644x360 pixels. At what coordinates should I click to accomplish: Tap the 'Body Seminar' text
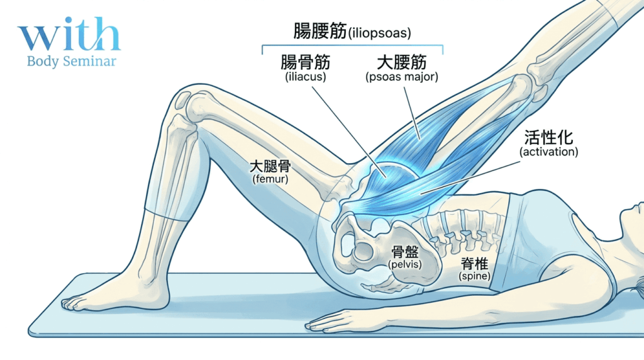click(x=72, y=62)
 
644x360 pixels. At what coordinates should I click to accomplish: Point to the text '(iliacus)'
click(x=305, y=77)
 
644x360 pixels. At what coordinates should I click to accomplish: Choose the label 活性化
click(x=548, y=138)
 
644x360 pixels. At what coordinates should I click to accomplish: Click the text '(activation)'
click(x=548, y=152)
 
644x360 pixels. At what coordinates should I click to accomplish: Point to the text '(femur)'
click(x=270, y=179)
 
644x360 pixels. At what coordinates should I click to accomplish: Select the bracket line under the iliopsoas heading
click(x=352, y=46)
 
